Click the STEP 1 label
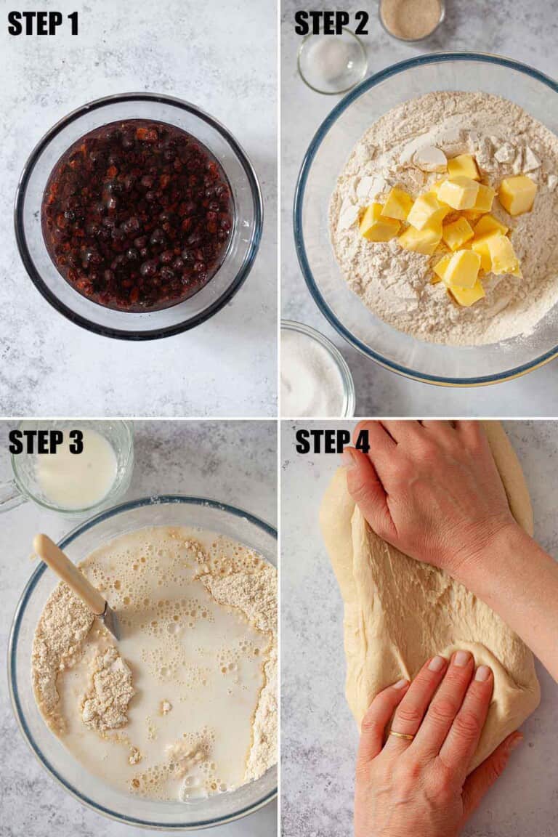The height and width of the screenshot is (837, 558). (x=44, y=23)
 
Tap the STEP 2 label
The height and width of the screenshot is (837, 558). (x=331, y=23)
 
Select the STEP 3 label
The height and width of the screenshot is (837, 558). (x=46, y=442)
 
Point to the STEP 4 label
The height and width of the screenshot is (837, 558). (x=332, y=442)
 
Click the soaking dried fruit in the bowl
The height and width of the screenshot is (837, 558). (x=138, y=214)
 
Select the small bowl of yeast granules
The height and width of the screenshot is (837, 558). (x=412, y=19)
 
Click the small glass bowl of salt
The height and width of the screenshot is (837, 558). (x=332, y=60)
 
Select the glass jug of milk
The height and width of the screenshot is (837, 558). (x=67, y=469)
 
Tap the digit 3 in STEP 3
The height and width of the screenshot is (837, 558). (x=76, y=442)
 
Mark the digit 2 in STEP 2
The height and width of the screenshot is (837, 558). (x=360, y=23)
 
